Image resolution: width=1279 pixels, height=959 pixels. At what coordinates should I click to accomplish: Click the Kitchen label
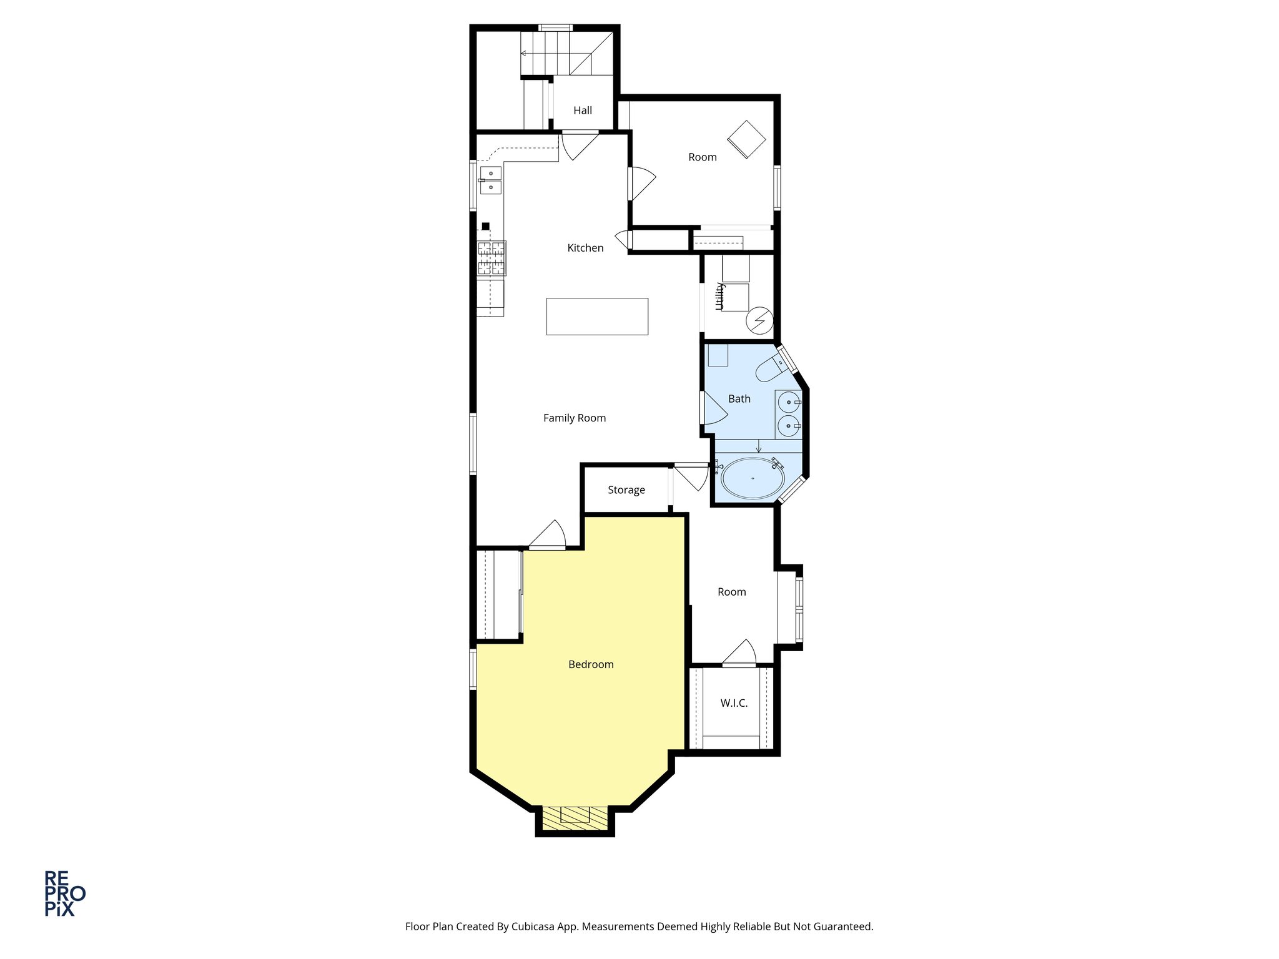click(x=585, y=248)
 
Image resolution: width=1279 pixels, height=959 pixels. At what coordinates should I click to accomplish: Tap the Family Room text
click(x=574, y=418)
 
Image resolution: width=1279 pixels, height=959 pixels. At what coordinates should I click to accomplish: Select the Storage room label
click(x=626, y=490)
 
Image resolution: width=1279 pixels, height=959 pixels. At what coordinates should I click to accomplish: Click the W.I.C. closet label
click(x=733, y=703)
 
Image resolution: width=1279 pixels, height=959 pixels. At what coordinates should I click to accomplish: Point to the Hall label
click(x=582, y=111)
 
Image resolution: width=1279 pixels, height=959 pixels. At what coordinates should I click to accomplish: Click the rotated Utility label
click(x=719, y=296)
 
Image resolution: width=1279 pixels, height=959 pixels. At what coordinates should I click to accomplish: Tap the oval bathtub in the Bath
click(x=753, y=479)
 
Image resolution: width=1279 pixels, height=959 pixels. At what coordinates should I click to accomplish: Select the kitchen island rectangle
click(x=596, y=317)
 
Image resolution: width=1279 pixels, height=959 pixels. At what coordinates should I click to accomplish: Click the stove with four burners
click(x=491, y=258)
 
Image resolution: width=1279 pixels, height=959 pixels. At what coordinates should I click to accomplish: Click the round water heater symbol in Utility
click(x=759, y=321)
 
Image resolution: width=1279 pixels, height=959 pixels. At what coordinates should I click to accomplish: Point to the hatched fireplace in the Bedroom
click(x=575, y=818)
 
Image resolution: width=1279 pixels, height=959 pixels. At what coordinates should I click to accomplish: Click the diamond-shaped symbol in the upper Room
click(x=746, y=139)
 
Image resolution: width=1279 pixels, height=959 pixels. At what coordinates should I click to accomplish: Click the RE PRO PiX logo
click(x=64, y=893)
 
